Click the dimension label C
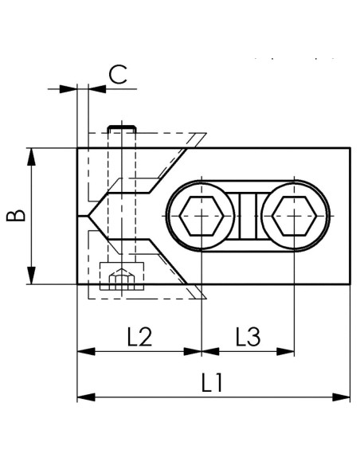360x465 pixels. (118, 74)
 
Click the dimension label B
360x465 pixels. (16, 216)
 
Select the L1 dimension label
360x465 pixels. (212, 382)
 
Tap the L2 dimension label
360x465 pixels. (139, 337)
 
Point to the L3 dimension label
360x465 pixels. (248, 337)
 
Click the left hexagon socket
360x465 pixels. (202, 216)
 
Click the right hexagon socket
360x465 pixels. (294, 216)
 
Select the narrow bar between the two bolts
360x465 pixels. (248, 216)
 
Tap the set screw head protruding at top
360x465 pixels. (122, 129)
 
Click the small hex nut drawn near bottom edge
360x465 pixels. (122, 279)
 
